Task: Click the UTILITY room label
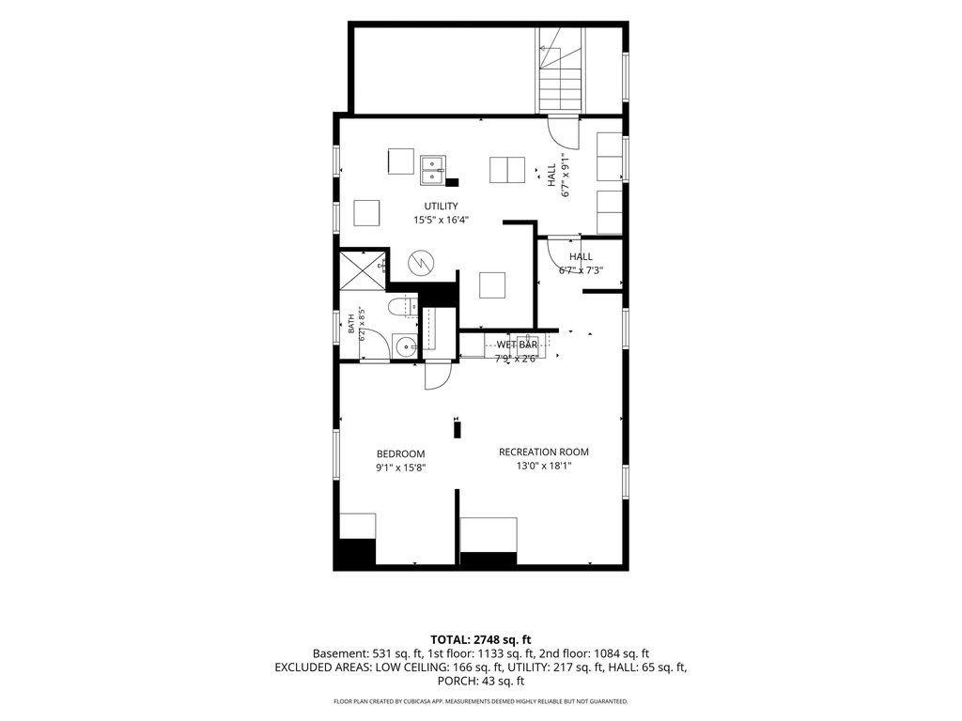pyautogui.click(x=442, y=207)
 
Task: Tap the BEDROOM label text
pyautogui.click(x=400, y=454)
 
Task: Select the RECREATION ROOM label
pyautogui.click(x=544, y=453)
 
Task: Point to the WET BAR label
pyautogui.click(x=517, y=345)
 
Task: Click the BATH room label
pyautogui.click(x=351, y=324)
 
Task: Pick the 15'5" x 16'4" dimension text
pyautogui.click(x=442, y=220)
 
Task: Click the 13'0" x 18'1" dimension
pyautogui.click(x=544, y=466)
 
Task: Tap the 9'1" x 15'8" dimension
pyautogui.click(x=400, y=468)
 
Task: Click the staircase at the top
pyautogui.click(x=560, y=70)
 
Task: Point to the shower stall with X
pyautogui.click(x=364, y=269)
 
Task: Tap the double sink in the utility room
pyautogui.click(x=434, y=171)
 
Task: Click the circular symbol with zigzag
pyautogui.click(x=421, y=263)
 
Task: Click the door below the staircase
pyautogui.click(x=564, y=131)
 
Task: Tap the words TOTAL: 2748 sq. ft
pyautogui.click(x=480, y=640)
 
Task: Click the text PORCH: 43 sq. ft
pyautogui.click(x=481, y=682)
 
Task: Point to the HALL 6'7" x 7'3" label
pyautogui.click(x=581, y=264)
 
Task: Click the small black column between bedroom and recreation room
pyautogui.click(x=458, y=428)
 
